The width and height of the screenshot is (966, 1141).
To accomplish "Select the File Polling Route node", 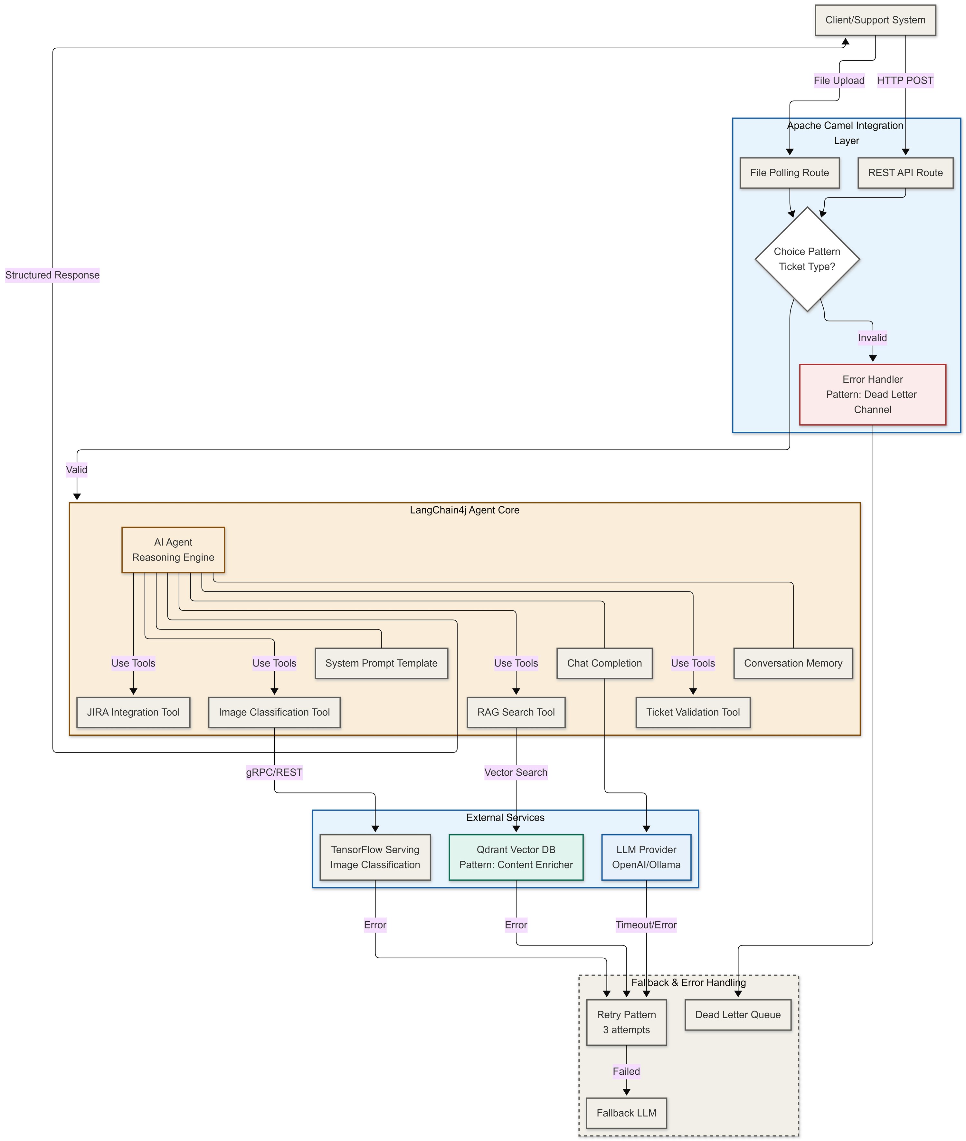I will (x=789, y=173).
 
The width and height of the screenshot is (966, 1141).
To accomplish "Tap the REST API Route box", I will (x=905, y=173).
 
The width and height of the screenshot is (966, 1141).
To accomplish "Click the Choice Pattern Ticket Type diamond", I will (x=807, y=259).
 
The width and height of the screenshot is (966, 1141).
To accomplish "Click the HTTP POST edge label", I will (x=905, y=81).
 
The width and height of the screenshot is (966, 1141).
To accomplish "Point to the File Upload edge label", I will (x=838, y=81).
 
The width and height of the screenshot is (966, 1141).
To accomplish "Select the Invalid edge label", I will (x=872, y=337).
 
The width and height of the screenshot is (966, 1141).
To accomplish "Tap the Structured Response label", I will (x=52, y=275).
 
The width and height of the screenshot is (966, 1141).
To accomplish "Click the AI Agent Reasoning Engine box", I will (x=173, y=550).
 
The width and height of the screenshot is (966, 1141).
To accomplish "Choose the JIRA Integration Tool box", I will (x=133, y=712).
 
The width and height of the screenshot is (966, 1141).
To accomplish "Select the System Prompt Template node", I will (x=381, y=663).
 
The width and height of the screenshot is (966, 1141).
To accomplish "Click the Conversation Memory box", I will (x=792, y=663).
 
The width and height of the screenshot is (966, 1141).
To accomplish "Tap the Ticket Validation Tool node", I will (x=692, y=712).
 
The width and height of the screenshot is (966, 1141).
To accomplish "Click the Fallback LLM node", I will (x=626, y=1113).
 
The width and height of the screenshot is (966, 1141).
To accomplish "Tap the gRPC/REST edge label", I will (x=274, y=772).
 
